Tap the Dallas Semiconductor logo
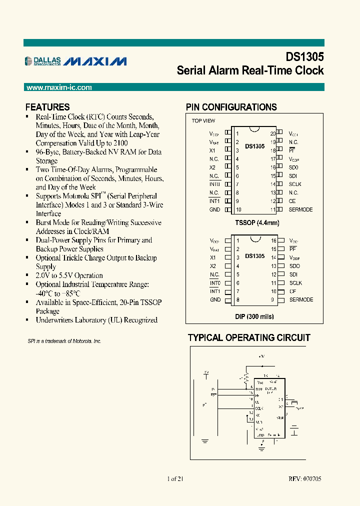(43, 61)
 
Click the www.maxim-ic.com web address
(59, 87)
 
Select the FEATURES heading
(47, 107)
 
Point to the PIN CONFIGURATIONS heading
(231, 107)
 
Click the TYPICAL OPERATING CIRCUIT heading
(249, 338)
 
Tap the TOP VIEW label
(203, 121)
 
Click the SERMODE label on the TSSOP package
(301, 209)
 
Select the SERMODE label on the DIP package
(301, 300)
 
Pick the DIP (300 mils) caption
(254, 316)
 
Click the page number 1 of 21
(175, 479)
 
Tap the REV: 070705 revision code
(305, 479)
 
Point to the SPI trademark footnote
(64, 341)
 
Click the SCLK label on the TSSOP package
(295, 184)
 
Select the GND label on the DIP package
(215, 300)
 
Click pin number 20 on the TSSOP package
(273, 134)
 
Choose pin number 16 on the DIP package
(273, 240)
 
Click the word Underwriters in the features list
(57, 320)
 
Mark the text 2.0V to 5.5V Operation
(69, 275)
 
